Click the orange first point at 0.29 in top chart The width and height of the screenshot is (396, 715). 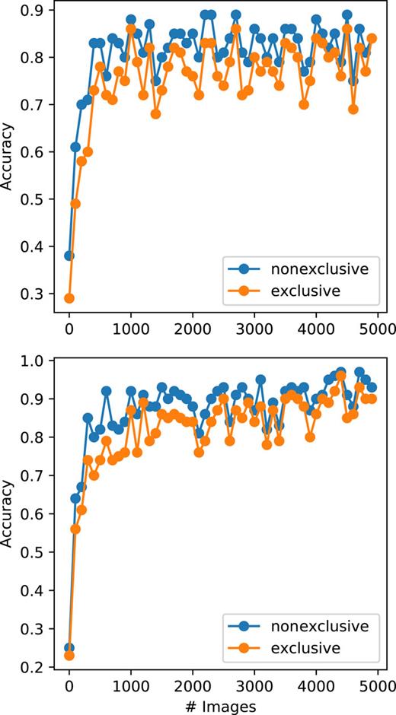pos(69,298)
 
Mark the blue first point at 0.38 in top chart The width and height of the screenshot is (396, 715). pos(69,256)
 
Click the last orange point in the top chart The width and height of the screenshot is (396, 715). pos(372,38)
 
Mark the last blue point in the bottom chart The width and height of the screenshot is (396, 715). pos(372,387)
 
